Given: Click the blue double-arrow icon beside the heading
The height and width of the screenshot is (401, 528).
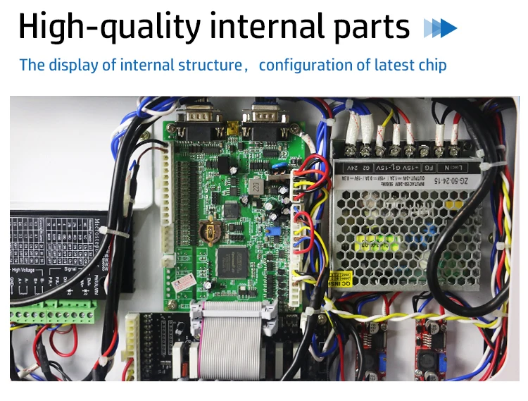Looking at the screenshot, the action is coord(440,28).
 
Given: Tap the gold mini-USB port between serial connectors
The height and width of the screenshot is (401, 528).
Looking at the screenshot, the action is coord(232,130).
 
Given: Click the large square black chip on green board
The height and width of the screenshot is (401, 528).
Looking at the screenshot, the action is coord(230,262).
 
